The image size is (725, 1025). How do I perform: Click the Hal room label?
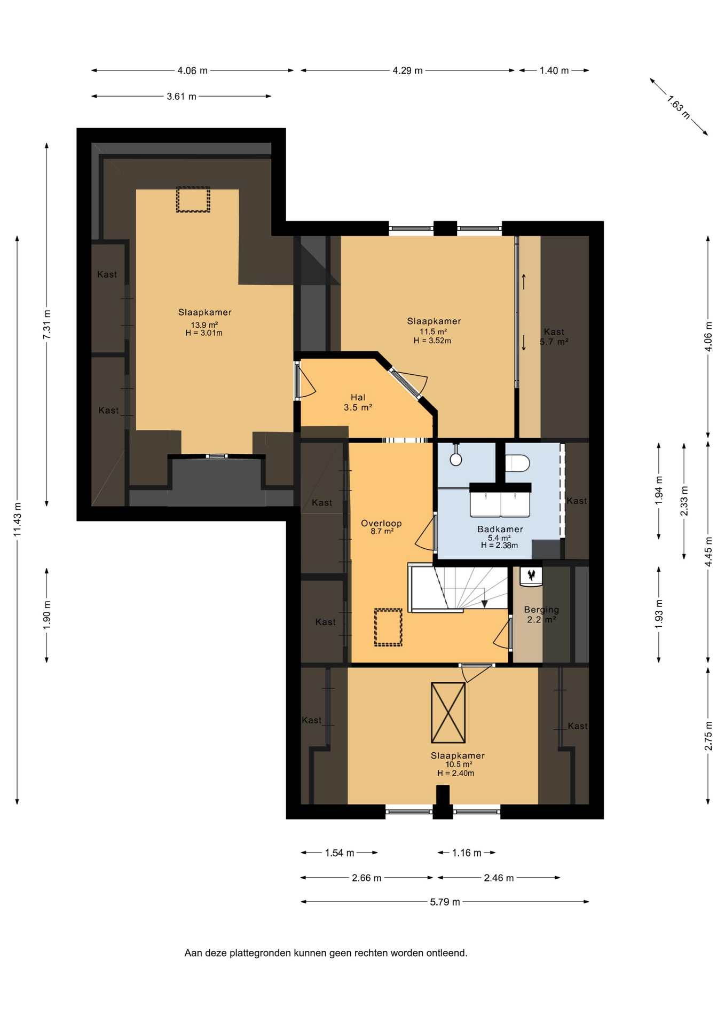(358, 397)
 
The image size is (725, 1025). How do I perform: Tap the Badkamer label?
(500, 529)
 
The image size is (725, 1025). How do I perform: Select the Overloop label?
(381, 523)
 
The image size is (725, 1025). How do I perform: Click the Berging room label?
(541, 610)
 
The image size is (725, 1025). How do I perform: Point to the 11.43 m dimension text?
(17, 519)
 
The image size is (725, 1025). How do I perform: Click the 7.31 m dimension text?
(47, 324)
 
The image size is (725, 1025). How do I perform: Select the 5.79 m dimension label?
(445, 902)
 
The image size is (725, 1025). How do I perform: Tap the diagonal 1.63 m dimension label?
(679, 107)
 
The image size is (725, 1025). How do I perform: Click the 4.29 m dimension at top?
(408, 70)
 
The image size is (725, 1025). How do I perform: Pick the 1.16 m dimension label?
(467, 853)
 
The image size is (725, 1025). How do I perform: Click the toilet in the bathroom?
(517, 463)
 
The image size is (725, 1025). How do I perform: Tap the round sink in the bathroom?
(456, 459)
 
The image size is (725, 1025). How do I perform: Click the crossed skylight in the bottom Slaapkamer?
(448, 713)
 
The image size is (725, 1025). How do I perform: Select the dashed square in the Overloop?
(388, 627)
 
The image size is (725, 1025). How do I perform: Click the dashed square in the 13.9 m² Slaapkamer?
(193, 199)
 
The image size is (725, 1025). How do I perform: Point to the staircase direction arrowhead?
(484, 604)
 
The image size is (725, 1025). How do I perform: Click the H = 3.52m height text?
(432, 341)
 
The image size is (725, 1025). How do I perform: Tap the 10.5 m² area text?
(459, 764)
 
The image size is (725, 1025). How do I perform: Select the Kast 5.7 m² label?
(554, 337)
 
